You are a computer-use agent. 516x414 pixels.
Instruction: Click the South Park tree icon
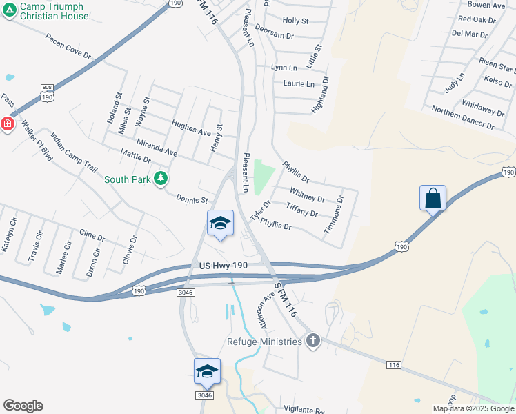click(x=161, y=179)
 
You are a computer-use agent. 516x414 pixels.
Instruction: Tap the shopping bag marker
click(x=433, y=199)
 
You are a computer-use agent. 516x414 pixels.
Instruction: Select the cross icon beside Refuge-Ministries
click(x=313, y=341)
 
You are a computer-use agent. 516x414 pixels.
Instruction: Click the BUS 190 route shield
click(x=47, y=92)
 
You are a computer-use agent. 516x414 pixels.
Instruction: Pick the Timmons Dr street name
click(x=334, y=213)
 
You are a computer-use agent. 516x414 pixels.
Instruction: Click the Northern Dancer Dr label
click(x=462, y=118)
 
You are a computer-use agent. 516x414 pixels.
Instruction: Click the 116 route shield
click(x=394, y=364)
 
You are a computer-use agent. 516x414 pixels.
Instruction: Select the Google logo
click(x=23, y=406)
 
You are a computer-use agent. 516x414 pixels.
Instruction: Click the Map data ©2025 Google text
click(x=473, y=408)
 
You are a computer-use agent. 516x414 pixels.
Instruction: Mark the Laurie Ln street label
click(x=298, y=84)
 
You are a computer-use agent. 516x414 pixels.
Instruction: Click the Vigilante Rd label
click(x=299, y=410)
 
